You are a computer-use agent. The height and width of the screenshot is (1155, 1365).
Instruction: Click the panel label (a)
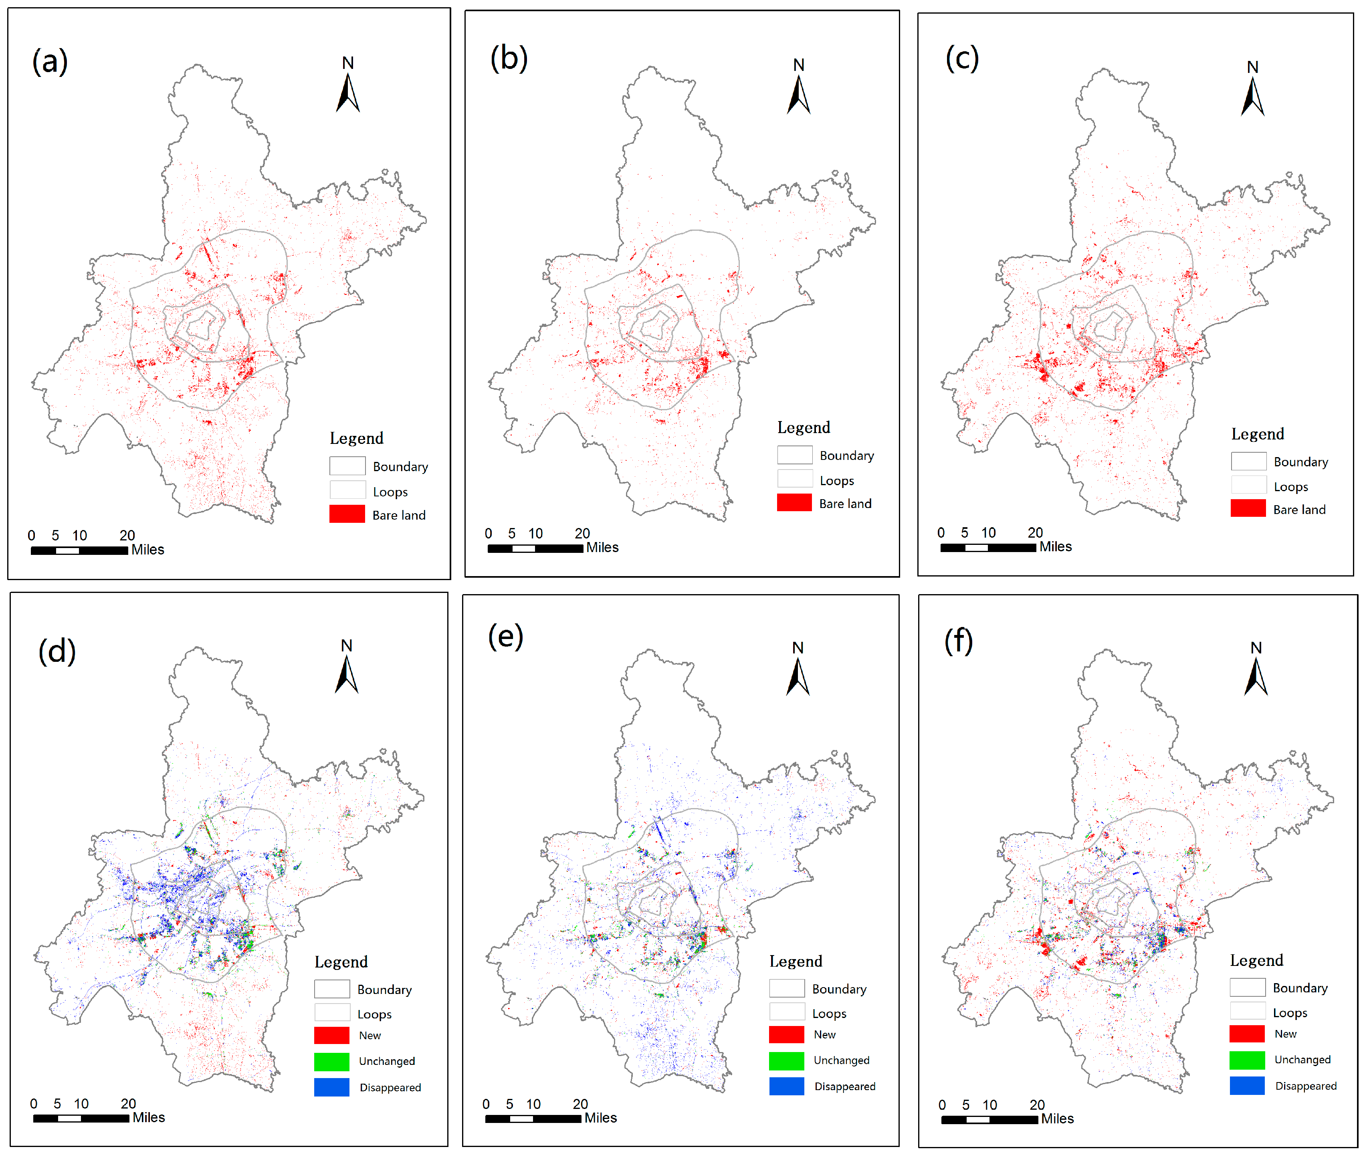tap(50, 62)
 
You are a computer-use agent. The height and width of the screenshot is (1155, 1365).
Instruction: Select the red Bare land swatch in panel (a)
tap(347, 514)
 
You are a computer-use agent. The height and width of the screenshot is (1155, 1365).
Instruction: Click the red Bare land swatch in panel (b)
tap(794, 503)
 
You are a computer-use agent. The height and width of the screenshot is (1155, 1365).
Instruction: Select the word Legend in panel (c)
tap(1257, 434)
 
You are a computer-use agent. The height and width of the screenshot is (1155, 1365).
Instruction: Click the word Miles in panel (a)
tap(147, 550)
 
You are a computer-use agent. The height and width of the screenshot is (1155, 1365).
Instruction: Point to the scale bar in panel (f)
tap(989, 1120)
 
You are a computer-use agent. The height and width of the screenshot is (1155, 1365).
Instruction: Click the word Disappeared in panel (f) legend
tap(1305, 1086)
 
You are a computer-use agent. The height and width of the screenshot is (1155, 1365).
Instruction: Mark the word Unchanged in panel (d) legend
tap(386, 1061)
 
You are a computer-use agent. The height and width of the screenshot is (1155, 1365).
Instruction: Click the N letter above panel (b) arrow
tap(798, 65)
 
